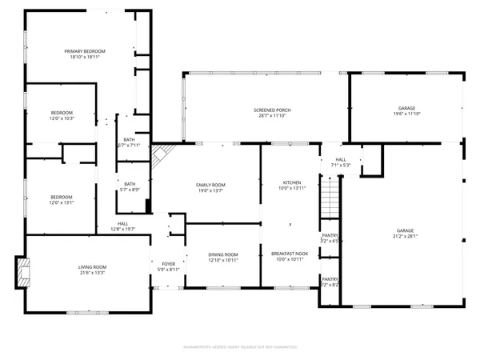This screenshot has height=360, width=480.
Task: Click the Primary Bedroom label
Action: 85,51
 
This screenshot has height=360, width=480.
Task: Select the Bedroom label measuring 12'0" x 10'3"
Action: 62,112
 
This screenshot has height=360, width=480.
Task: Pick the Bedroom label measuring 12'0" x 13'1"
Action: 62,197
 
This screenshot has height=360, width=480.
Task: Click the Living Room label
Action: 92,267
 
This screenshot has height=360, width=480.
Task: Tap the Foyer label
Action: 169,263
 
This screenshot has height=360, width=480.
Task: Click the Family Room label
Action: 211,185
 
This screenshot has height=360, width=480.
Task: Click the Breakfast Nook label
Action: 290,254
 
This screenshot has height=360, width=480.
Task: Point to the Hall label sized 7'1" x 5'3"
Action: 341,160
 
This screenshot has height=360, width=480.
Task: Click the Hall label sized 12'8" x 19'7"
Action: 122,223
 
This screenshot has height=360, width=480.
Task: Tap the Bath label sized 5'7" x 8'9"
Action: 129,183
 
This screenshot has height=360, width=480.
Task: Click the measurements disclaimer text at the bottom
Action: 240,347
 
